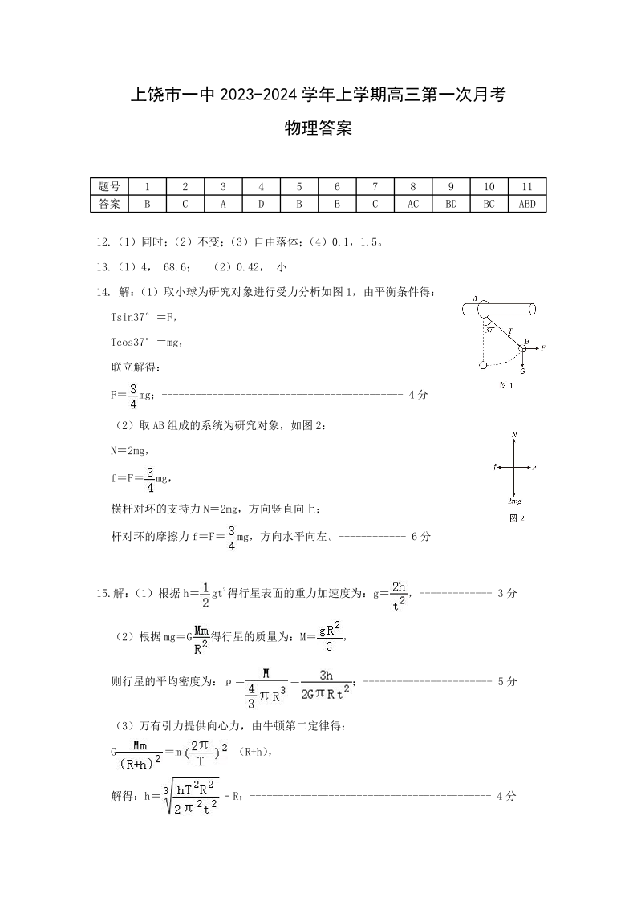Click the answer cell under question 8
412,204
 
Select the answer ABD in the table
527,204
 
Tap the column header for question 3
223,186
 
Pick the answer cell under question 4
261,204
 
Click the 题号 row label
109,186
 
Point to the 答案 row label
109,204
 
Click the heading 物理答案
318,128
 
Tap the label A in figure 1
476,299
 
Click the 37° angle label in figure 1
490,328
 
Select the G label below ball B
522,371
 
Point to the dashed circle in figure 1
483,366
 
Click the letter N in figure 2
513,435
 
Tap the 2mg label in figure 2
513,500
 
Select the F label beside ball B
543,347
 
